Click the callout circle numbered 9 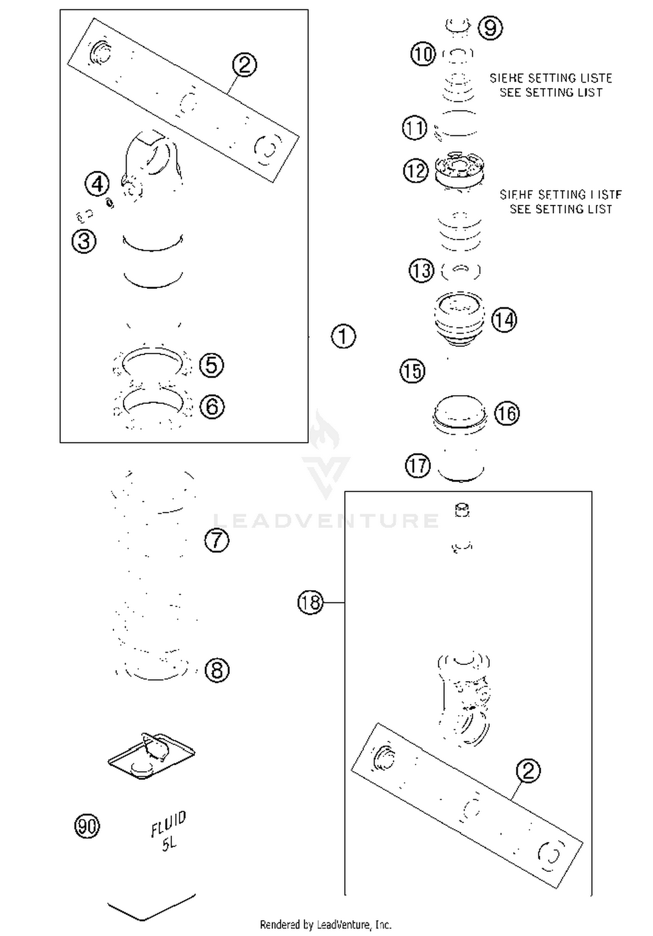[490, 28]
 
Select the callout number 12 [416, 170]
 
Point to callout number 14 [504, 320]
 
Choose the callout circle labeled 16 [507, 413]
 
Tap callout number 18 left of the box [310, 603]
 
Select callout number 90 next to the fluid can [87, 826]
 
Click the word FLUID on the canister [168, 823]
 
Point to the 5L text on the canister [169, 844]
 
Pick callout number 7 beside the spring [216, 540]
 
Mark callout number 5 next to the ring [212, 365]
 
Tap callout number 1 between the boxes [343, 336]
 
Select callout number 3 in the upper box [84, 241]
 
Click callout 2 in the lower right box [528, 771]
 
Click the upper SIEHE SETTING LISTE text [551, 78]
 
